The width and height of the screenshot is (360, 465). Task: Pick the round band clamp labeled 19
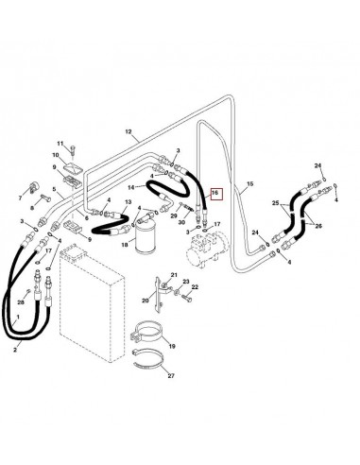(147, 336)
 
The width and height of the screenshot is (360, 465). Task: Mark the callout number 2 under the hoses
(15, 350)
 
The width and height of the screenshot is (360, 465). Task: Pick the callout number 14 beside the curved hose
(131, 189)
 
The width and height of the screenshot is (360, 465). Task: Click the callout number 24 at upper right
(318, 166)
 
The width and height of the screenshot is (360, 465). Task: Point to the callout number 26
(318, 225)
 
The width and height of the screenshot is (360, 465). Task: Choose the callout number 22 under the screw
(197, 299)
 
